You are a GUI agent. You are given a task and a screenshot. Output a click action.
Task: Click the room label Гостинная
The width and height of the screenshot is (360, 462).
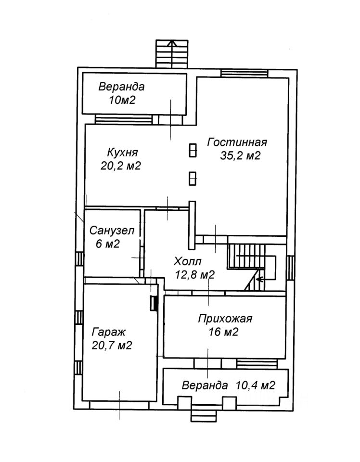pyautogui.click(x=237, y=142)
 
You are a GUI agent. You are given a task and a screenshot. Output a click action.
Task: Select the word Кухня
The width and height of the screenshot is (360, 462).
pyautogui.click(x=123, y=153)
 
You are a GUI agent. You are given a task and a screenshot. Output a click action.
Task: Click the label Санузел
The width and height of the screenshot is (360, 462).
pyautogui.click(x=112, y=231)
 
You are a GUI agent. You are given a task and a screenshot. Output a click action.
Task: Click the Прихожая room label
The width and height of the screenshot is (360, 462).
pyautogui.click(x=225, y=319)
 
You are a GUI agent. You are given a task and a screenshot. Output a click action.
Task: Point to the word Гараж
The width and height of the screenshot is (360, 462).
pyautogui.click(x=108, y=332)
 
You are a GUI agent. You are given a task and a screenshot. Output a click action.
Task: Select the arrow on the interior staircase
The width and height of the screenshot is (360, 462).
pyautogui.click(x=260, y=279)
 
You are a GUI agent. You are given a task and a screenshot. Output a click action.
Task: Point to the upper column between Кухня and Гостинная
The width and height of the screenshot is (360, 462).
pyautogui.click(x=193, y=151)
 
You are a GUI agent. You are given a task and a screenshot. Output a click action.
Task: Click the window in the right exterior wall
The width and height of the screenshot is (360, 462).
pyautogui.click(x=290, y=268)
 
